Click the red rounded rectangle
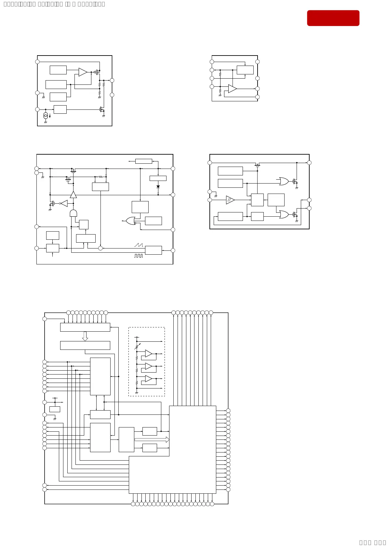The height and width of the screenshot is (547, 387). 333,18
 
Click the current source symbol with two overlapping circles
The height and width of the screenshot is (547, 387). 46,115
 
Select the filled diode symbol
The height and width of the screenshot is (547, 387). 158,187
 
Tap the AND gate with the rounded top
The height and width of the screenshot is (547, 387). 73,213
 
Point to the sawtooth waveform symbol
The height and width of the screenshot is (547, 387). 139,245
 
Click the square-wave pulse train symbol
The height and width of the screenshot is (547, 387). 139,256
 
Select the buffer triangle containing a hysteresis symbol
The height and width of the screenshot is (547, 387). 230,200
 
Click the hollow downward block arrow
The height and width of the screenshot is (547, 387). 85,336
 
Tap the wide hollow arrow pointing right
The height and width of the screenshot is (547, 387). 152,439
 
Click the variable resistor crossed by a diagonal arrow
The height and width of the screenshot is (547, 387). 138,346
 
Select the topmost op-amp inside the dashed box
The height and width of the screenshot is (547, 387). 148,353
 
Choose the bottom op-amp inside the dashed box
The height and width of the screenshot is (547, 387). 148,379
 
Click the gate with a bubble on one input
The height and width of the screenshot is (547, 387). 131,221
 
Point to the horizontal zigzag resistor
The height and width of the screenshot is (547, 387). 100,177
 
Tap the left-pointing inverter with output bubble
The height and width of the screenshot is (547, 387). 64,203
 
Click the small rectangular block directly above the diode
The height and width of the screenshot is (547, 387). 158,178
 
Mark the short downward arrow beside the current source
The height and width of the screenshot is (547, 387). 50,116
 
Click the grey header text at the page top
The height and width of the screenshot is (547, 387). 54,4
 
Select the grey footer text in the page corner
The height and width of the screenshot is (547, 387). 372,542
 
